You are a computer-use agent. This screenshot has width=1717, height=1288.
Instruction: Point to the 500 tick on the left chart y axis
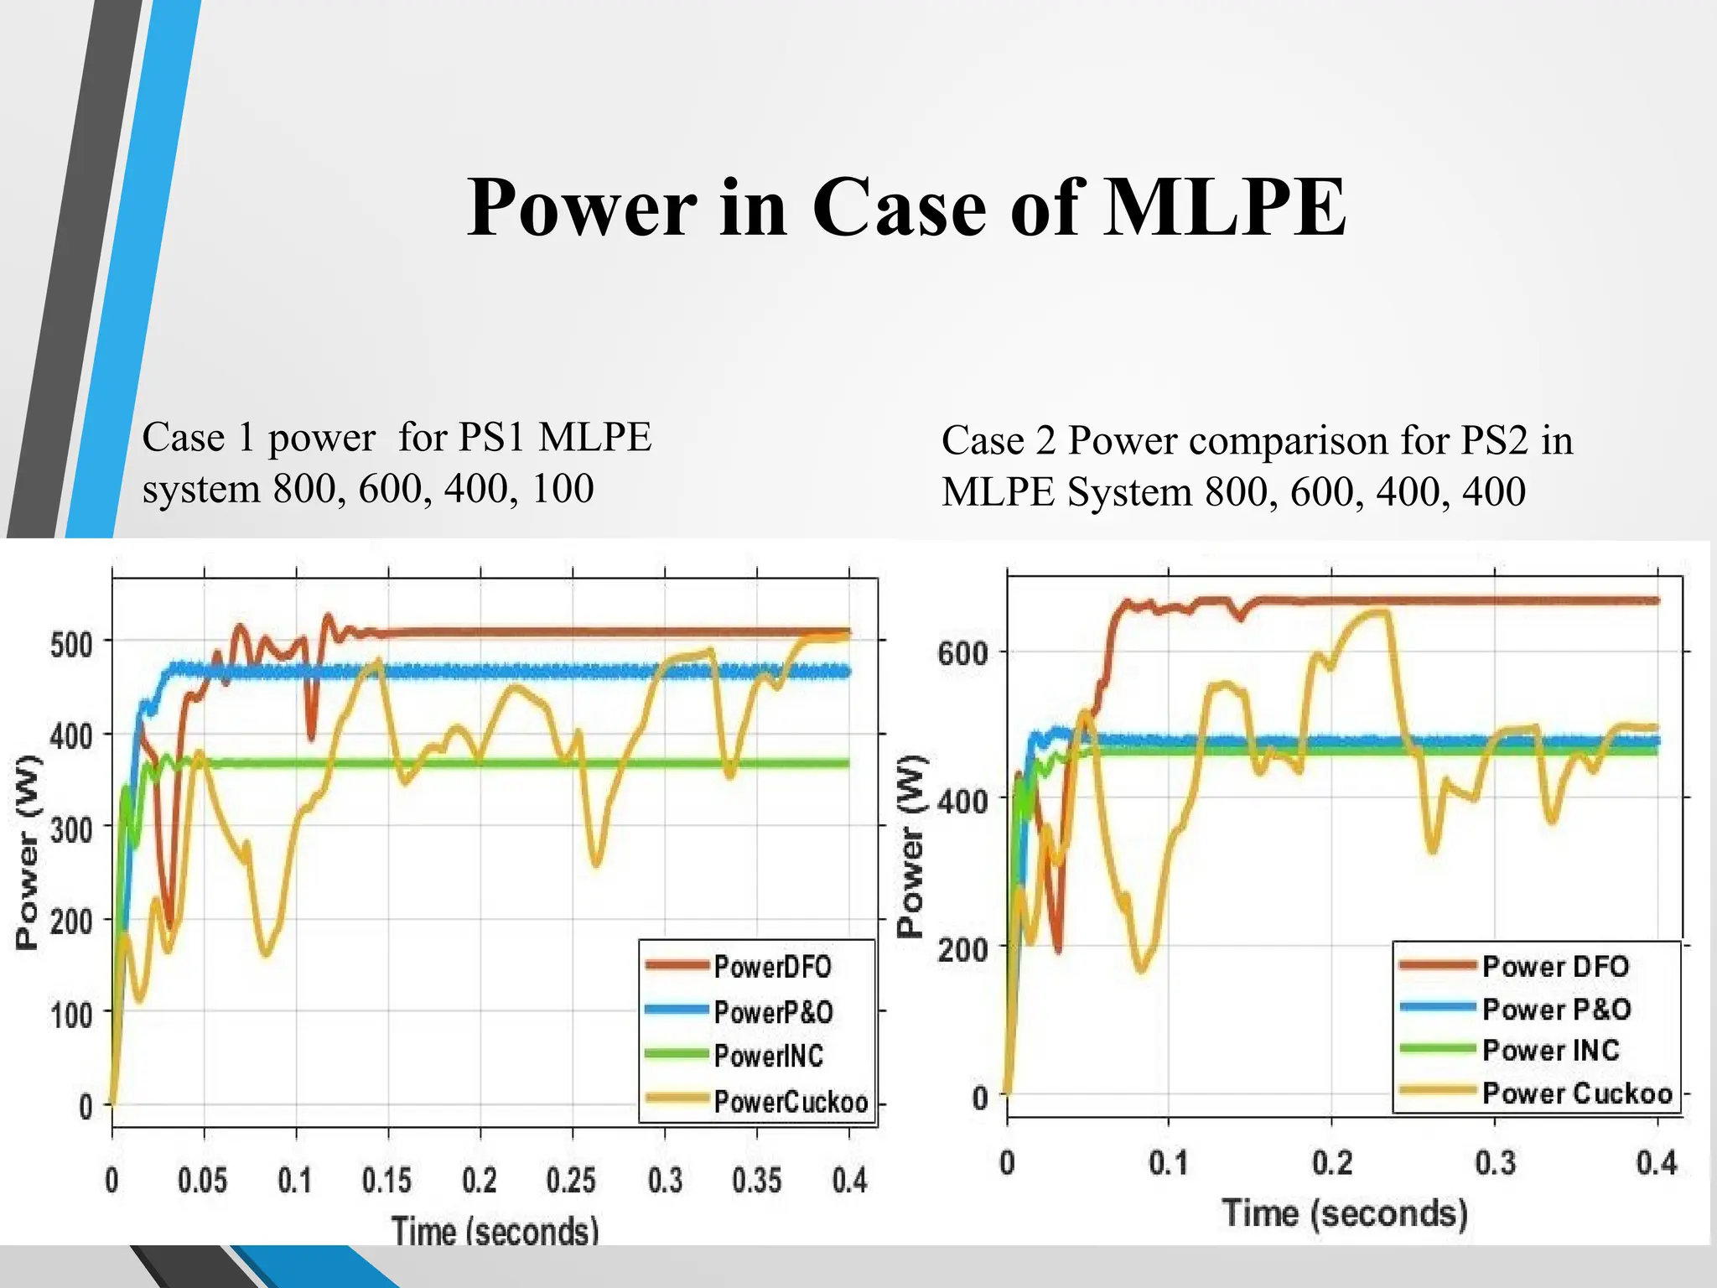71,645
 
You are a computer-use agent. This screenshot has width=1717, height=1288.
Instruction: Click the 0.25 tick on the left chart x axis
571,1181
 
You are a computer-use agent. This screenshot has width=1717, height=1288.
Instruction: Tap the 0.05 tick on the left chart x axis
202,1181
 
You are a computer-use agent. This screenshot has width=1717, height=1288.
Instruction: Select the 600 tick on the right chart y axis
962,652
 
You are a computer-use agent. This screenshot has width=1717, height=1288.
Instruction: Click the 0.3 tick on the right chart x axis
1495,1164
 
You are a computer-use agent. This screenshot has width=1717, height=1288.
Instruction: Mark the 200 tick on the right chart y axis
962,949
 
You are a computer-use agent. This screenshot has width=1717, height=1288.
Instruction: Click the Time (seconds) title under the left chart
495,1231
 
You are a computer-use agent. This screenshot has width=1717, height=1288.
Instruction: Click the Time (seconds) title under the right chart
1345,1213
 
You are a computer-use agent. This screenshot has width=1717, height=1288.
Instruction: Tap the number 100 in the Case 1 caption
563,488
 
